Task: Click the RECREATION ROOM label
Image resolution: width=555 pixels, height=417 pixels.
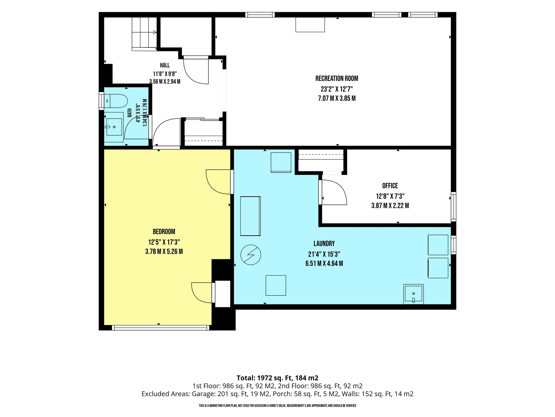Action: pos(337,78)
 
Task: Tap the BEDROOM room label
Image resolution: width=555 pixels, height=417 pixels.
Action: pos(164,232)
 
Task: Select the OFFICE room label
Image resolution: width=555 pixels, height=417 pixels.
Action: pos(390,186)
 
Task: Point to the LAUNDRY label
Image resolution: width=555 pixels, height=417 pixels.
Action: pos(324,244)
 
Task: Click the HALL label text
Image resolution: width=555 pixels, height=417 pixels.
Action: pos(165,65)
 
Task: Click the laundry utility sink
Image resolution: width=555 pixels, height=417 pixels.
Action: pos(413,294)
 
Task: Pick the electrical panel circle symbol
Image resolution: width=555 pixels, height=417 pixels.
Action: pos(251,255)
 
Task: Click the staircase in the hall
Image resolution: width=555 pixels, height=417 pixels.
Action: pos(144,34)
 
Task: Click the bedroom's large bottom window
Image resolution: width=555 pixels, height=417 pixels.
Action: pos(161,328)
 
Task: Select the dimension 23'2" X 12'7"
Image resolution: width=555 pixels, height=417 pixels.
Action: pos(337,89)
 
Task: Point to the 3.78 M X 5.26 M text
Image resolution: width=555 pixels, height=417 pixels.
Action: pos(164,251)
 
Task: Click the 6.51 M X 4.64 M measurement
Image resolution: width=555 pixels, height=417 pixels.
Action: pos(324,263)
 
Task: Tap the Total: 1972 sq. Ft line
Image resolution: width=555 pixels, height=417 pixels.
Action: pos(277,378)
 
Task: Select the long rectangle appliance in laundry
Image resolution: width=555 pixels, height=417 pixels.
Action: pos(250,216)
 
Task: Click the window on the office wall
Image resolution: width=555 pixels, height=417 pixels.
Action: pos(453,207)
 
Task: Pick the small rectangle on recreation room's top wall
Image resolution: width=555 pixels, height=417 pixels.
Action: pos(310,25)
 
